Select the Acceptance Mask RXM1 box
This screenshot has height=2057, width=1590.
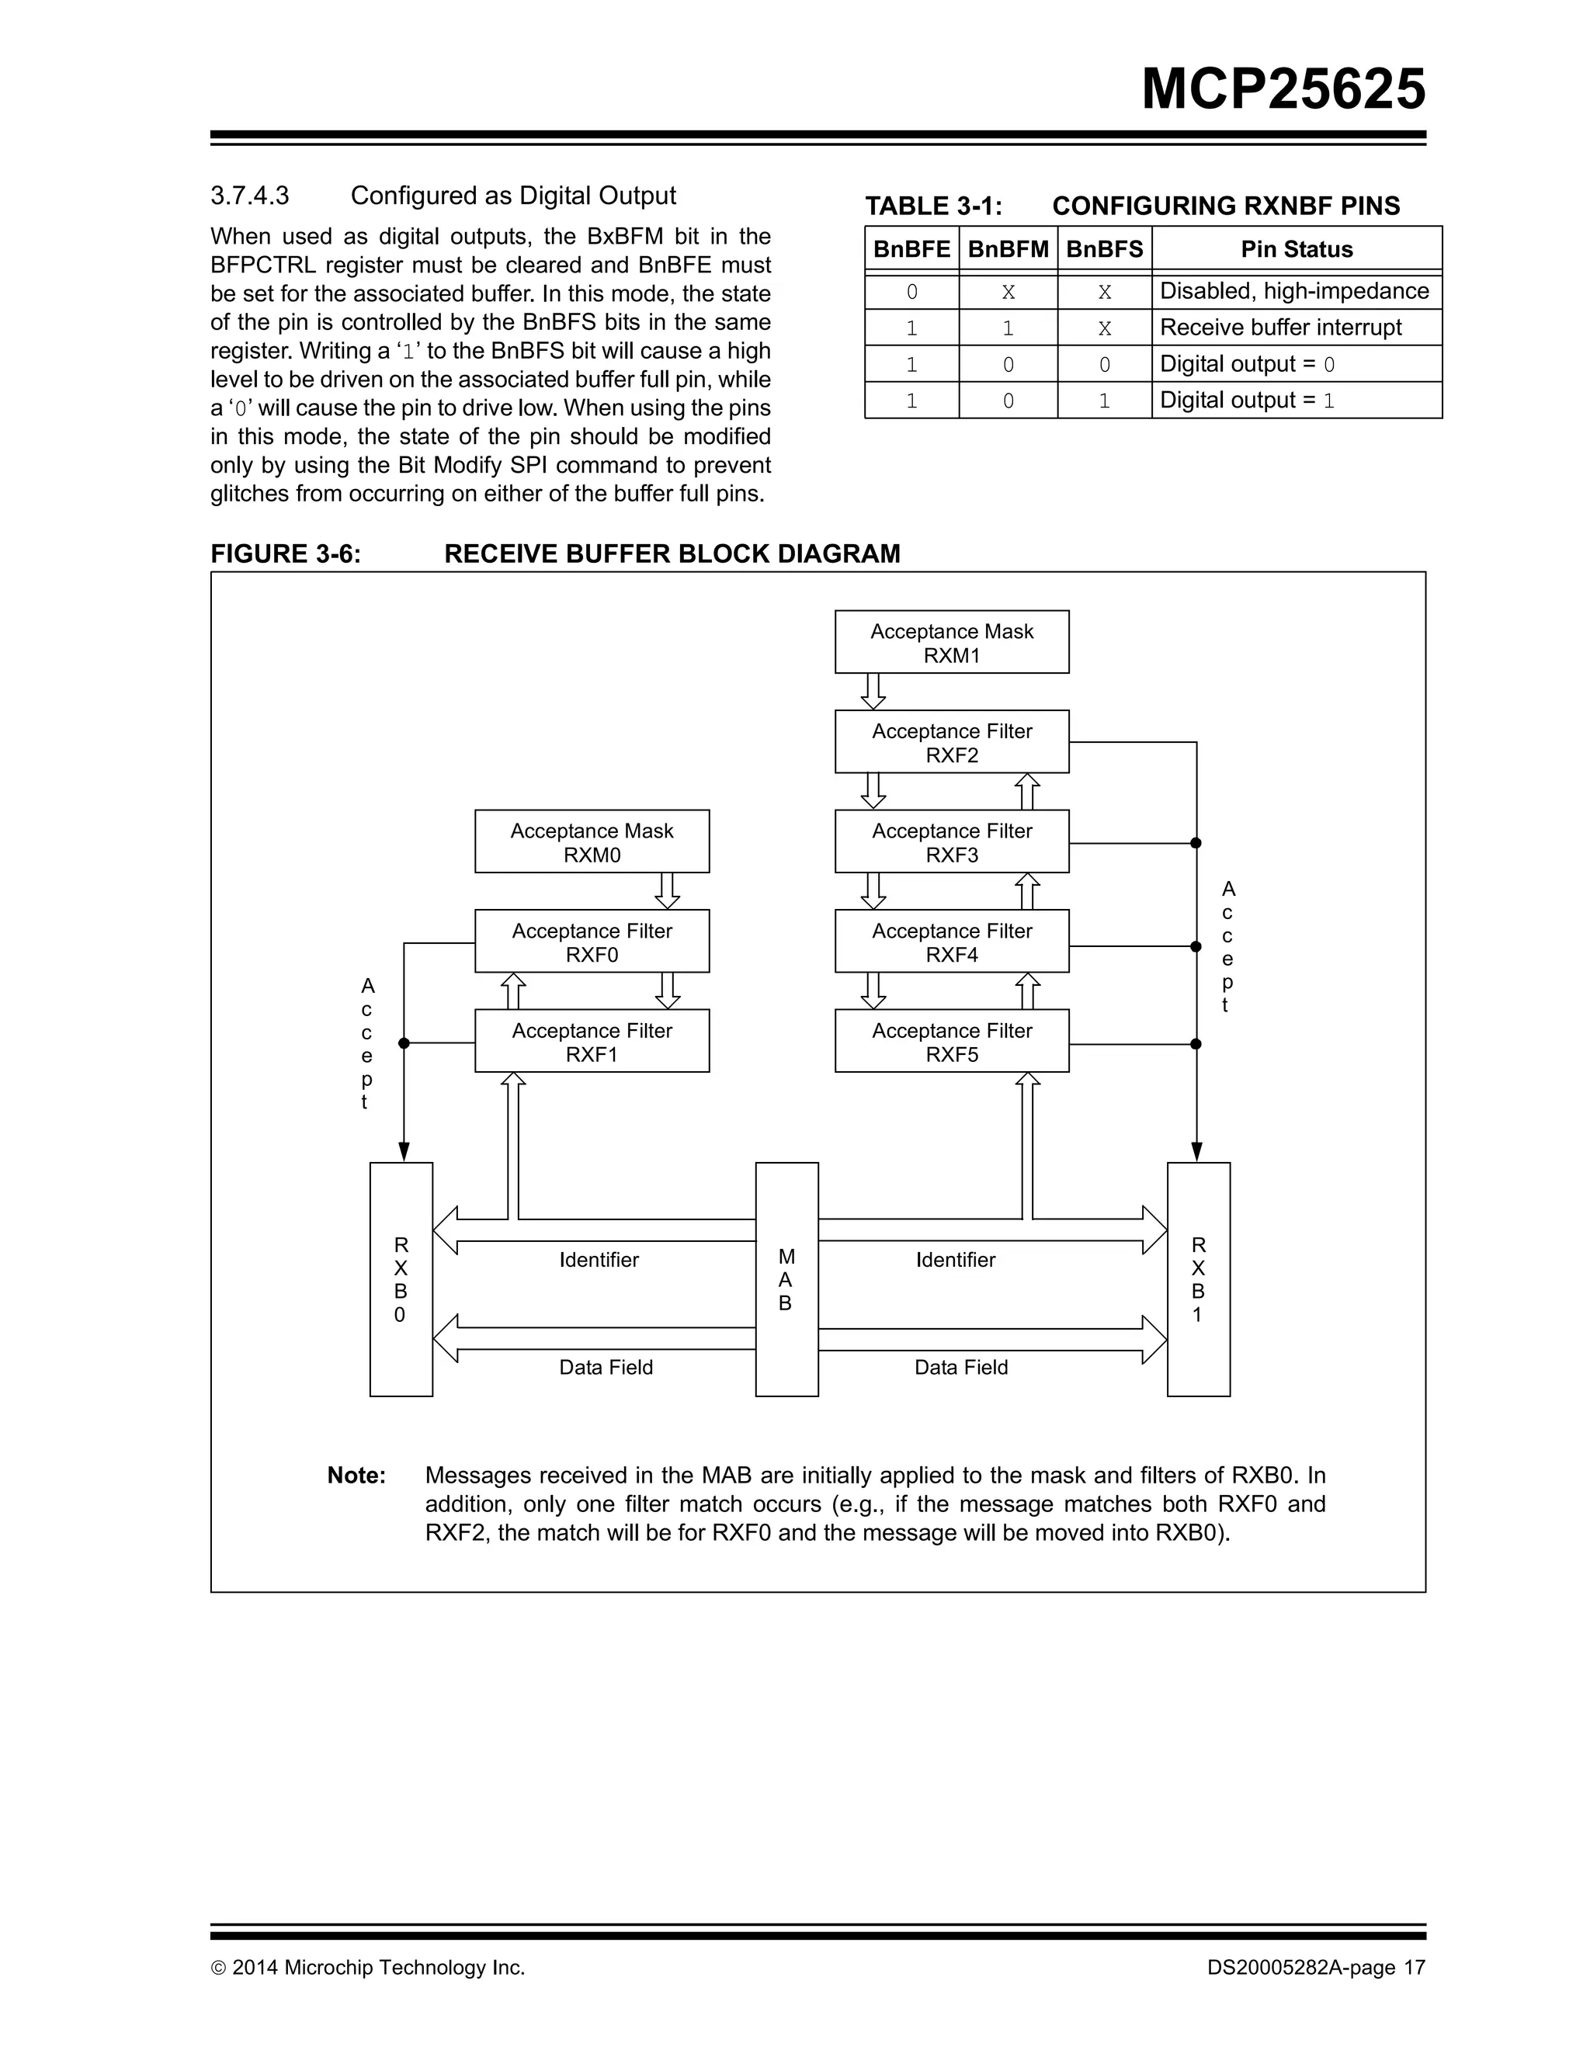tap(951, 643)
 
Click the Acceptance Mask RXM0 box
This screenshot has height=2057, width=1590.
tap(592, 842)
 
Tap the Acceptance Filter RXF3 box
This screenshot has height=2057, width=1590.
tap(951, 842)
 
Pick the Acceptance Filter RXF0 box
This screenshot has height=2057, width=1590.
tap(592, 942)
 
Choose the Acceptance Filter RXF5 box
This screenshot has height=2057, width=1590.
tap(951, 1042)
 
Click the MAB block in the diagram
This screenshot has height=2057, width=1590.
tap(786, 1280)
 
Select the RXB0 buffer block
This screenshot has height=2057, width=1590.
tap(401, 1280)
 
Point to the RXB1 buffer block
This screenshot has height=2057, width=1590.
tap(1198, 1280)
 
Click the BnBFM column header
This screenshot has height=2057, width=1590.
tap(1008, 250)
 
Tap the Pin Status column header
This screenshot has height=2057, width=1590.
tap(1296, 250)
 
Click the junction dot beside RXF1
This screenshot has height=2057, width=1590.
tap(404, 1042)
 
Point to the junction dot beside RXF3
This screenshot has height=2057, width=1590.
tap(1196, 843)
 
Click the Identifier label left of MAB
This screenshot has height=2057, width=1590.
tap(599, 1260)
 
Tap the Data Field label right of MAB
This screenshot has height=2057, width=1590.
tap(961, 1368)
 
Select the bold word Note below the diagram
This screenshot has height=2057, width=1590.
tap(356, 1476)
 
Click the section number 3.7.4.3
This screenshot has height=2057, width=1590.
tap(250, 196)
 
